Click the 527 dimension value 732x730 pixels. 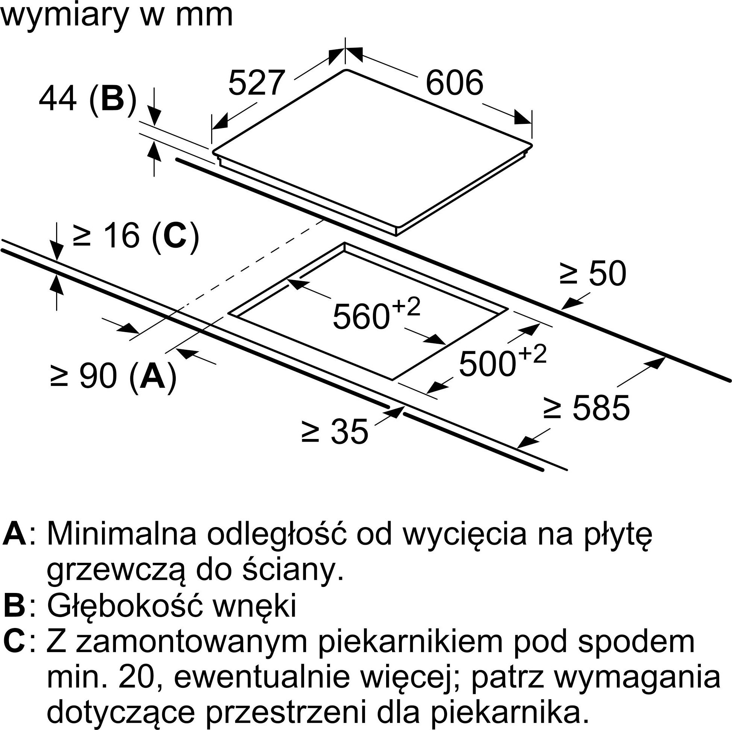point(257,82)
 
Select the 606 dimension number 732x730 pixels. point(454,82)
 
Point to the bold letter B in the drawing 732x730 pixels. point(112,98)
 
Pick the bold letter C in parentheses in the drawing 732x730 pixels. point(175,236)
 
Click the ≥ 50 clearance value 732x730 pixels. point(593,273)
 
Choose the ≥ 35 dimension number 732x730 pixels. point(335,431)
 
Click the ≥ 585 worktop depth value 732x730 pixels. point(586,408)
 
